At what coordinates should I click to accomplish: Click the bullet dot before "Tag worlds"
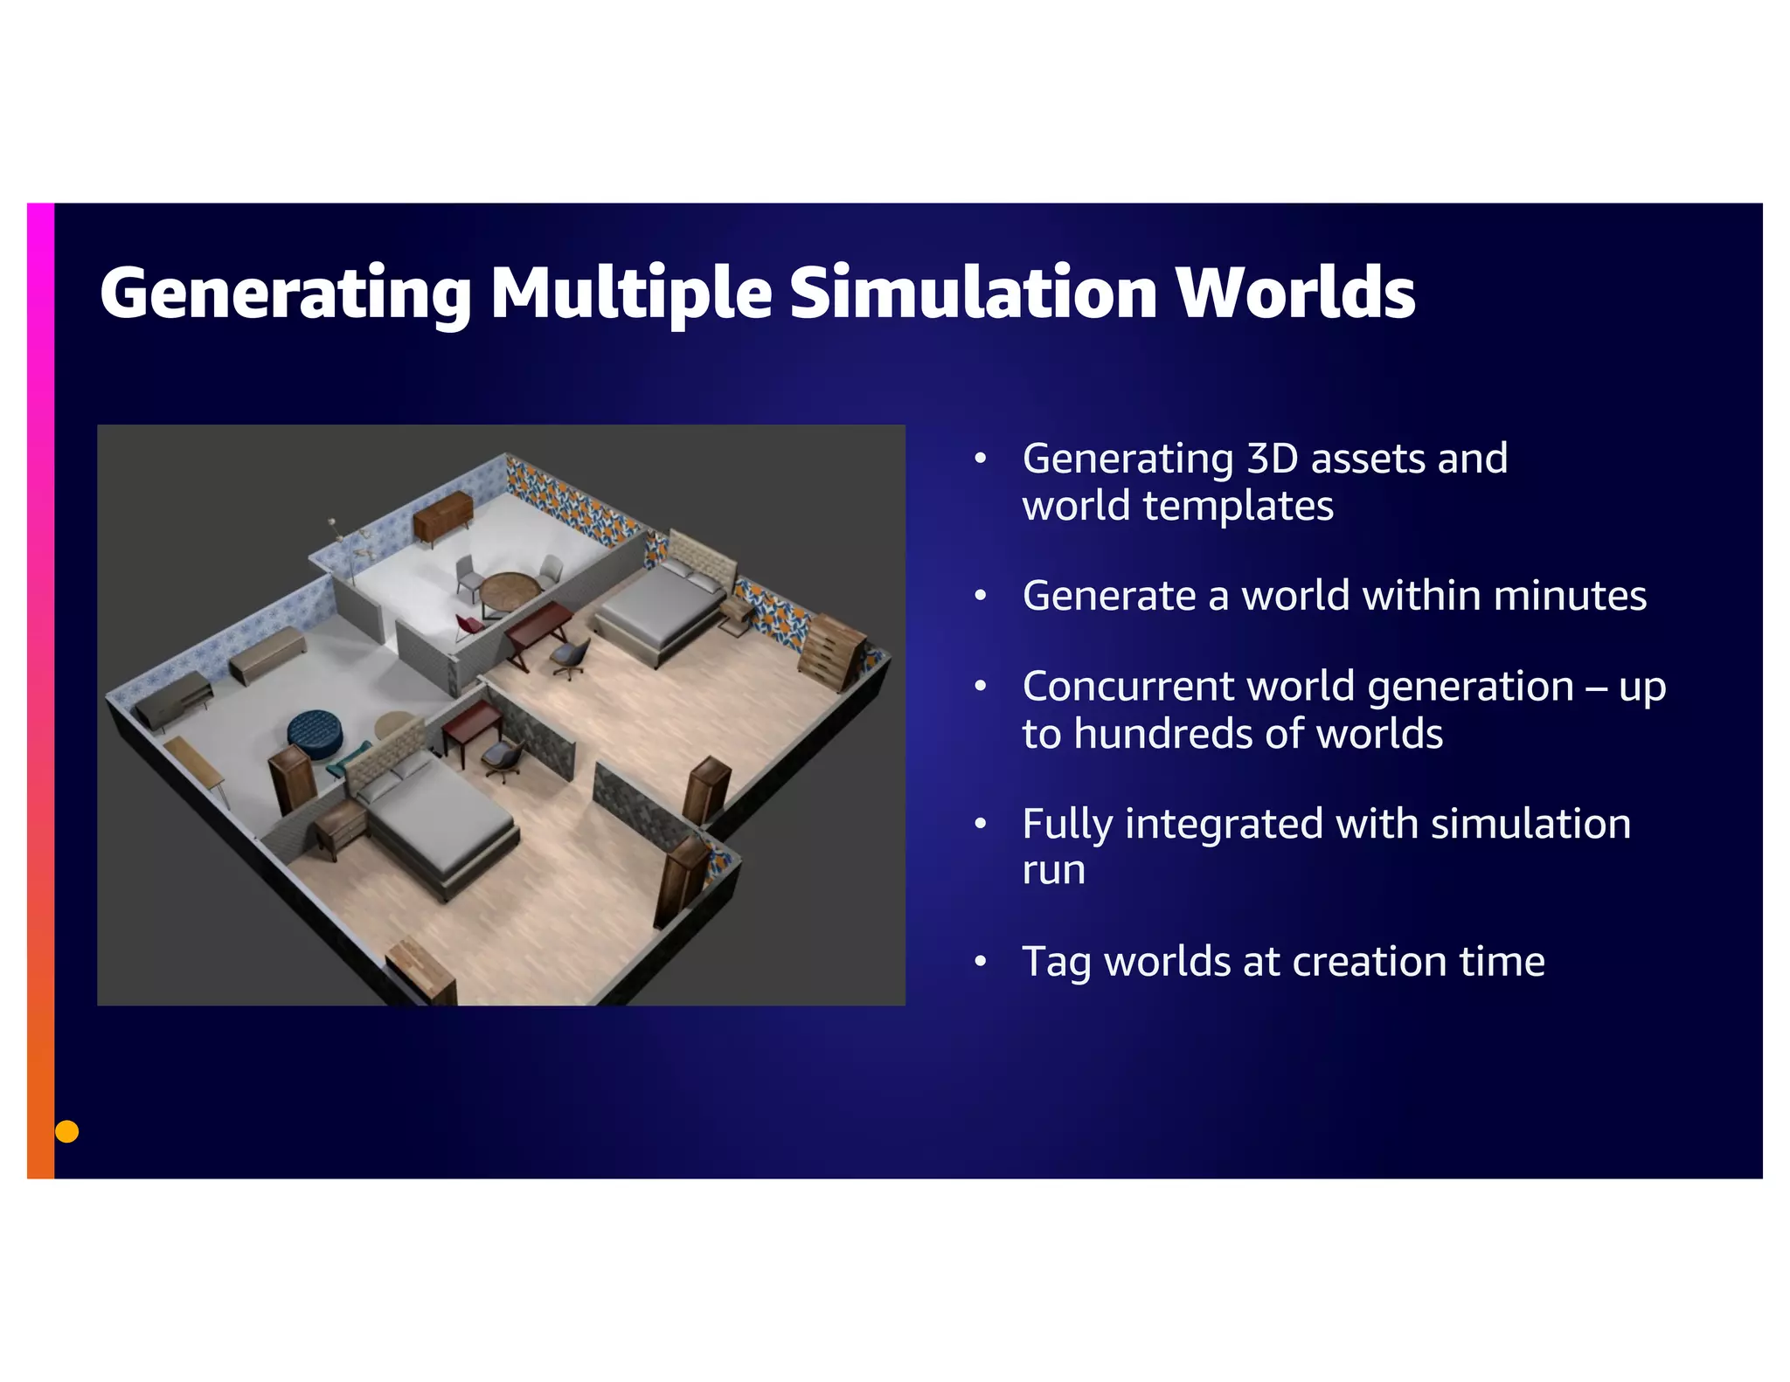(x=981, y=962)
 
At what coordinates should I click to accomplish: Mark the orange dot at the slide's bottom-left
(x=67, y=1131)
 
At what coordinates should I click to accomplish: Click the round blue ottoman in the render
(x=316, y=733)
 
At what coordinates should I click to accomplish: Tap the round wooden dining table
(x=508, y=588)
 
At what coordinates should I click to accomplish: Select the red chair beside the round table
(x=467, y=627)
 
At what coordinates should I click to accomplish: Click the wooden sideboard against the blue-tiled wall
(x=442, y=515)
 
